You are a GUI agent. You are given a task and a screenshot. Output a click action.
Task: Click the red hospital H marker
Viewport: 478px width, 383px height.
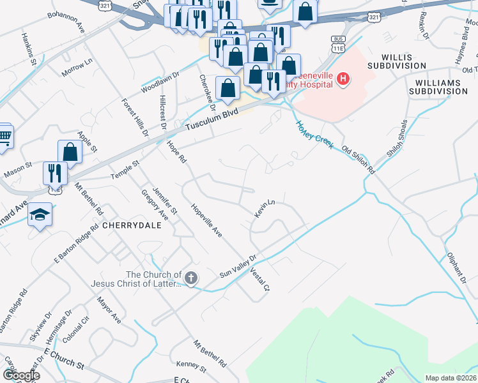coord(343,79)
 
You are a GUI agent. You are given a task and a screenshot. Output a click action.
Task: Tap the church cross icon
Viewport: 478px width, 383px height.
coord(191,278)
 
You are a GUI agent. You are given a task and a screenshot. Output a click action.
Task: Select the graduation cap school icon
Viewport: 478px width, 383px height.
coord(40,214)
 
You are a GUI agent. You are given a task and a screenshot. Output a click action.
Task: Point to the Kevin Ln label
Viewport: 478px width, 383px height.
coord(264,209)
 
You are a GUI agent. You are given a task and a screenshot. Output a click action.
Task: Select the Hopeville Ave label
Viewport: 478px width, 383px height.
coord(206,221)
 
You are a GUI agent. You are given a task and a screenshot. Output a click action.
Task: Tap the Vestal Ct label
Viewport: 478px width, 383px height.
coord(261,280)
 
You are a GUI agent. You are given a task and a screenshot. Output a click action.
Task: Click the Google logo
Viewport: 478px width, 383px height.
coord(21,375)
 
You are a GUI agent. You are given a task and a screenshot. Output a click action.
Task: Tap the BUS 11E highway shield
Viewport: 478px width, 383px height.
coord(338,43)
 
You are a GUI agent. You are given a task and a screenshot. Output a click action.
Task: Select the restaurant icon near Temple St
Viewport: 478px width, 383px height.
coord(56,173)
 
